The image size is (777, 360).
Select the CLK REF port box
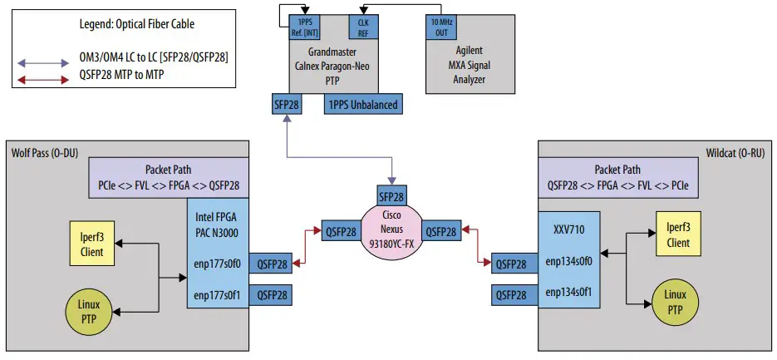(x=362, y=27)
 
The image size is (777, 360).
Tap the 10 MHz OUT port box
(x=440, y=27)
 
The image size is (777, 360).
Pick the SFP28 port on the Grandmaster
(x=287, y=105)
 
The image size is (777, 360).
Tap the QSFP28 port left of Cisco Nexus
(x=342, y=232)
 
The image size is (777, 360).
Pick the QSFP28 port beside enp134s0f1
(x=510, y=293)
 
